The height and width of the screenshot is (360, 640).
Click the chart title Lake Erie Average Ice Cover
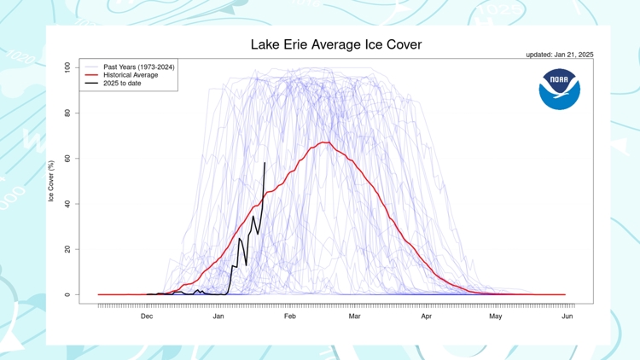335,44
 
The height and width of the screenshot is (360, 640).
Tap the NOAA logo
560,90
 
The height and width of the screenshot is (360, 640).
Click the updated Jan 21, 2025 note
559,55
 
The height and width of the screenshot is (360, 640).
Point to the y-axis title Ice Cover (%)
51,181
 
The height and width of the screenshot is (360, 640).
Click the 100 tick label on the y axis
67,67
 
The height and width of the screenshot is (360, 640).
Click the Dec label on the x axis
147,316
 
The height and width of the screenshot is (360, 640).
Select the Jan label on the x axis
218,316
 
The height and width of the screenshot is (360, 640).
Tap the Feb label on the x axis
290,316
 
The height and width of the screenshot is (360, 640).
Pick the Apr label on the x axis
426,316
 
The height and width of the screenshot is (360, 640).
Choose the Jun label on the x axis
567,316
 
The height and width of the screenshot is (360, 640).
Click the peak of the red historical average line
325,142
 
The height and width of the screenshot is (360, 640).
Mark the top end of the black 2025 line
265,162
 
